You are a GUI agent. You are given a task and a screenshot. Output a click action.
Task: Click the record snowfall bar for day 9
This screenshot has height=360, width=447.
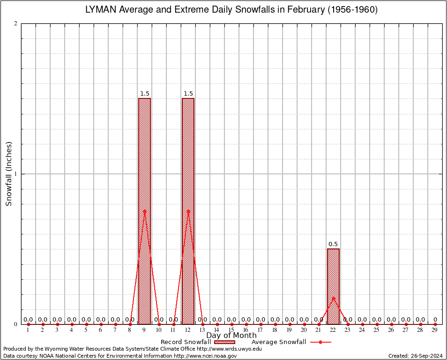144,211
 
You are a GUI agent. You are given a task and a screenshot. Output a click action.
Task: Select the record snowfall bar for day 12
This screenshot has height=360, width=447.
188,211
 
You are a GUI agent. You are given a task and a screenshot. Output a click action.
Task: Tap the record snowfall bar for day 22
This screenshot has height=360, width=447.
333,286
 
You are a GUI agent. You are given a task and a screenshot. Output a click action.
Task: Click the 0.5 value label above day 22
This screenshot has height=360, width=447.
333,244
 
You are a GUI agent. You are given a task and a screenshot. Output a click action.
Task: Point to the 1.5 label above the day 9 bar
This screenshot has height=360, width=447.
144,94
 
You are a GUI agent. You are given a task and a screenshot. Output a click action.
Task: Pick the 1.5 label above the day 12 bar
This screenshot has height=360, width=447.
188,94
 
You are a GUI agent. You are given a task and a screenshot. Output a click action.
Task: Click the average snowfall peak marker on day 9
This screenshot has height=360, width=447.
144,211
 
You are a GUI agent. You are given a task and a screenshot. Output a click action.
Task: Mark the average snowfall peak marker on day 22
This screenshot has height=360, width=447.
333,298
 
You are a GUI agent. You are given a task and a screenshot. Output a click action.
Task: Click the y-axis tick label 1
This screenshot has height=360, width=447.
15,174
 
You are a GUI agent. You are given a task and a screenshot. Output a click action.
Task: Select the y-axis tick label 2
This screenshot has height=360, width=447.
15,24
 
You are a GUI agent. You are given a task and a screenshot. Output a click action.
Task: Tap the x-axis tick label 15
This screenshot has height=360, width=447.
231,330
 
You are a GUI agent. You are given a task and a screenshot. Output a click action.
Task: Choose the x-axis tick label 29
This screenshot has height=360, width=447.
435,330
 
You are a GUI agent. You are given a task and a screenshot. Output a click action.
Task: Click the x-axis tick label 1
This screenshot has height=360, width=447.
28,330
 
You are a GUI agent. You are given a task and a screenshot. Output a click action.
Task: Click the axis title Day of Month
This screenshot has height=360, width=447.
231,336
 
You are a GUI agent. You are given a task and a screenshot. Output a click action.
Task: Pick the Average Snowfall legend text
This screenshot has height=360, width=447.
279,342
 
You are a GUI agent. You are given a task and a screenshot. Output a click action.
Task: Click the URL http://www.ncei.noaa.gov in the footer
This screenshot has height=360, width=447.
205,356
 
